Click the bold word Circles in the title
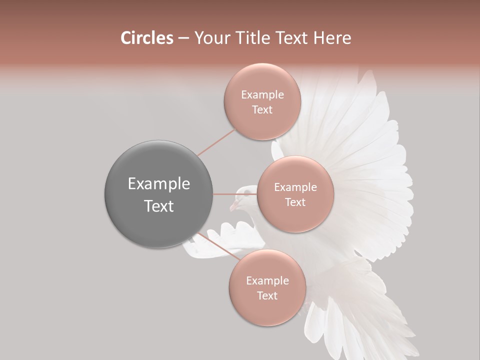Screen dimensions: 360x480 146,38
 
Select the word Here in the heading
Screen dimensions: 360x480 332,38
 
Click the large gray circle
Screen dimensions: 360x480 159,194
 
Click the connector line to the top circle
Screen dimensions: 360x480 216,142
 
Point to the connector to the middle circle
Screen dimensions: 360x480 234,194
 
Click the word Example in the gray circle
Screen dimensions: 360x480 159,184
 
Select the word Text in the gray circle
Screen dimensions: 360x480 159,206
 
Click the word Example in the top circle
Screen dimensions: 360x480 262,95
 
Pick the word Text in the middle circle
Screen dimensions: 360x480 295,202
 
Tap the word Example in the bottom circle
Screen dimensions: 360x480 267,281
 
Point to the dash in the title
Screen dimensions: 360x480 183,38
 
